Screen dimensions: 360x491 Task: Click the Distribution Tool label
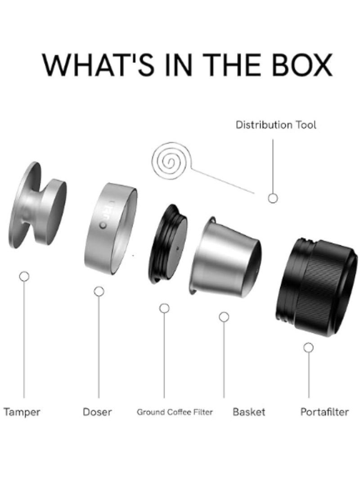tap(276, 125)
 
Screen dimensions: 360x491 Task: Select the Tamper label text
tap(22, 412)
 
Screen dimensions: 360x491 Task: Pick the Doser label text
tap(97, 412)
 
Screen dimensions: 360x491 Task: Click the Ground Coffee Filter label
tap(175, 412)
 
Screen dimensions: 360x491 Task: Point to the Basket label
tap(249, 412)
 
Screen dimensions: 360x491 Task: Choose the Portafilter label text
tap(324, 412)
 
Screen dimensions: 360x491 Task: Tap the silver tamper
tap(37, 205)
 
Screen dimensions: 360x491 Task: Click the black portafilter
tap(316, 287)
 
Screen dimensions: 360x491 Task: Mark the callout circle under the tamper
tap(24, 276)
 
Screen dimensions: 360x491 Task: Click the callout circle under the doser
tap(99, 292)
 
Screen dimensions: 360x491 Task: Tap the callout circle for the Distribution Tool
tap(273, 198)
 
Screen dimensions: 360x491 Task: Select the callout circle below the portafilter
tap(309, 347)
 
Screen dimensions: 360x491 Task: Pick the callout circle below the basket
tap(224, 317)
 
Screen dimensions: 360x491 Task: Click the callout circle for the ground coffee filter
tap(164, 308)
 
